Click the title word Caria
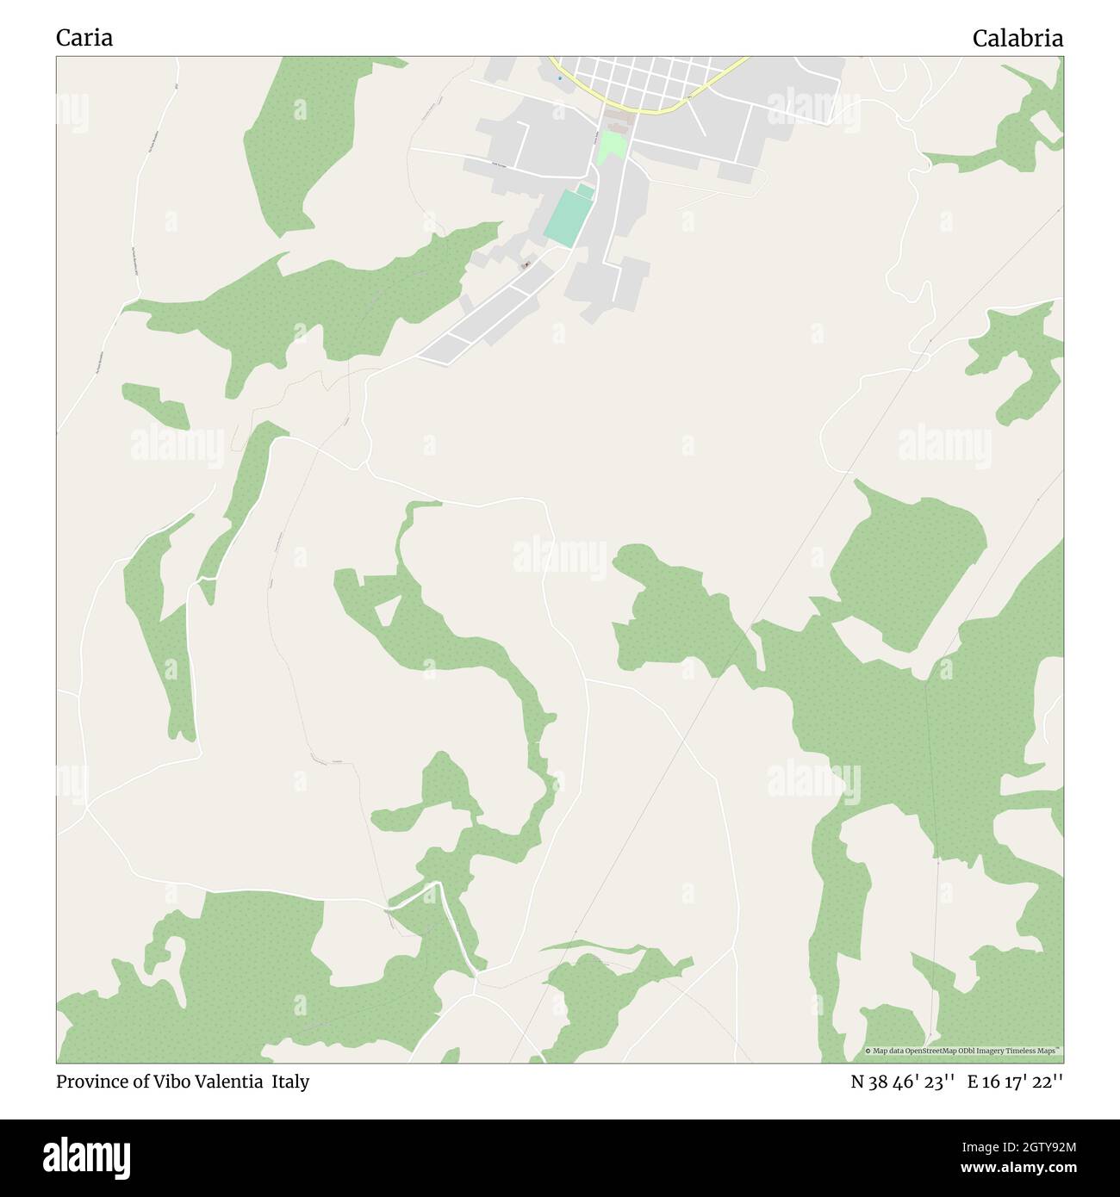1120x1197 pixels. click(x=84, y=38)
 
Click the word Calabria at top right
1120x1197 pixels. click(x=1017, y=38)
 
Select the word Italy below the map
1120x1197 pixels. click(x=291, y=1082)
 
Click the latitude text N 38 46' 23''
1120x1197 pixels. click(x=902, y=1082)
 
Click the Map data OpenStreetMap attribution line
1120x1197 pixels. click(x=963, y=1051)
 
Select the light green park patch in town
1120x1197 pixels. click(x=611, y=146)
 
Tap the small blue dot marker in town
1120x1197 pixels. click(x=559, y=78)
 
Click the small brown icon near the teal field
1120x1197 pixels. click(x=526, y=265)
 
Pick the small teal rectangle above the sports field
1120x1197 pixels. click(x=586, y=189)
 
